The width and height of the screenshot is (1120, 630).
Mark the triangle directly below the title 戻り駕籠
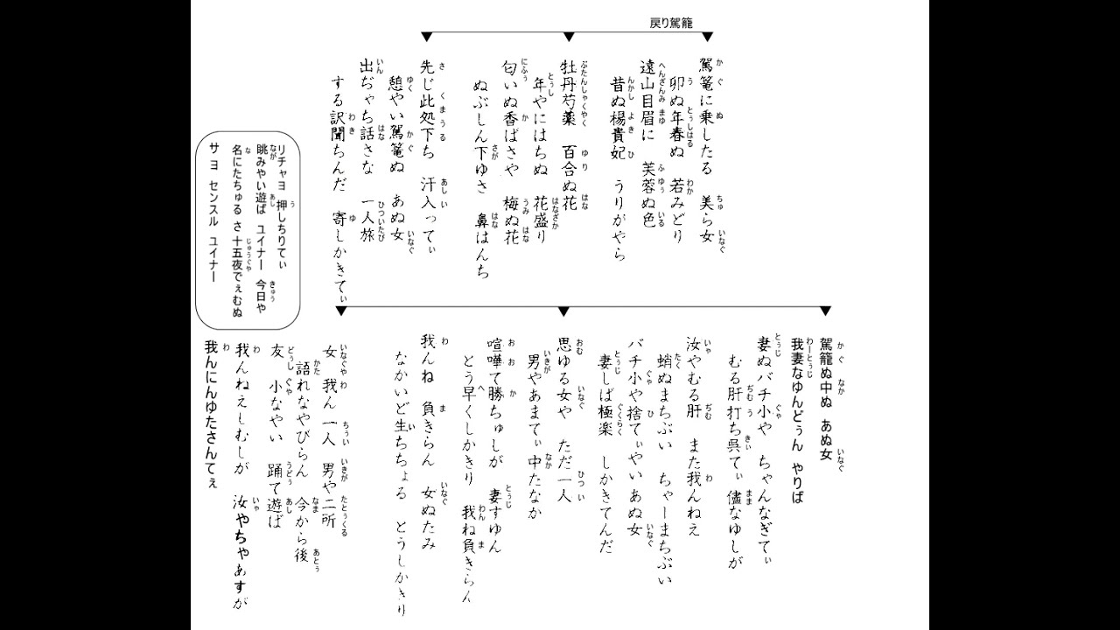pyautogui.click(x=707, y=37)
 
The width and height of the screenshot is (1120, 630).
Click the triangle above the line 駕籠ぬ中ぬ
pyautogui.click(x=824, y=311)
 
